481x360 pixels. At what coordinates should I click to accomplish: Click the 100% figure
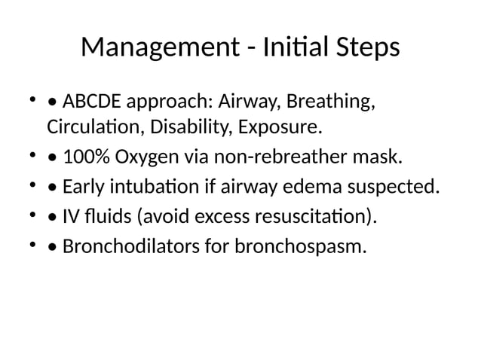coord(86,157)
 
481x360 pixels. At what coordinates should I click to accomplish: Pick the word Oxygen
coord(147,157)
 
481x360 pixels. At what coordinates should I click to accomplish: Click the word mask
coord(381,157)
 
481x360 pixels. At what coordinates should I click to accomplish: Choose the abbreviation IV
coord(72,217)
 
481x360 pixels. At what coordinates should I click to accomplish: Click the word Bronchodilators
coord(123,246)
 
